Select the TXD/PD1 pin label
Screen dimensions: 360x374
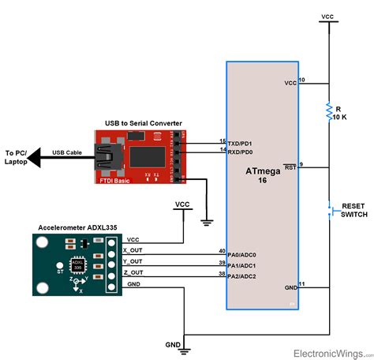241,144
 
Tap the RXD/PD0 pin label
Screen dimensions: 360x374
241,152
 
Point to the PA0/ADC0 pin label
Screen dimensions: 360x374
242,255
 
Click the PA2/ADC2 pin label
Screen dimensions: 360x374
242,276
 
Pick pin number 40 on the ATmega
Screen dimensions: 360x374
222,251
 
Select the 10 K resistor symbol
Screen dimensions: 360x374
327,112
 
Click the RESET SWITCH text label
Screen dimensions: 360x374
351,210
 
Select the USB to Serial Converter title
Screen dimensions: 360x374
144,123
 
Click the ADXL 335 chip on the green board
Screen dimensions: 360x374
78,265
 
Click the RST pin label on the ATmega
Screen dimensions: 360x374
290,167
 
